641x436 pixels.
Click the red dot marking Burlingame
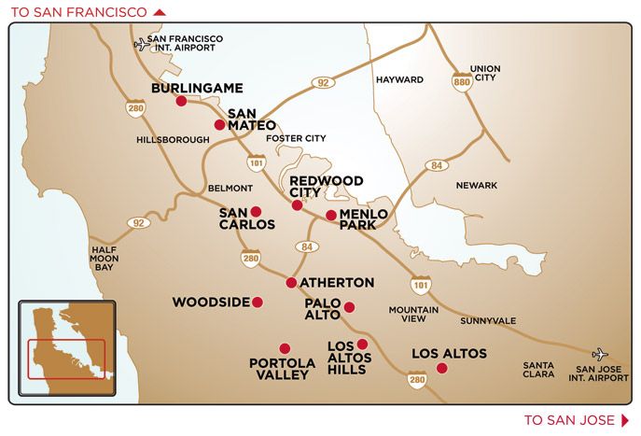(181, 101)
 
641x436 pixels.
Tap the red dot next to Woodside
(258, 302)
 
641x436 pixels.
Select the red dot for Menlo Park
(330, 215)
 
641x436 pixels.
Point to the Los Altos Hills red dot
(362, 344)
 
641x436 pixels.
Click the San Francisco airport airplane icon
(142, 43)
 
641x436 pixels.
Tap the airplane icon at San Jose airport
(599, 354)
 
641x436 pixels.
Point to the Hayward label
(399, 80)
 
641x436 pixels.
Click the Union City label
(485, 73)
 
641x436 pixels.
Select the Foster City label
(296, 138)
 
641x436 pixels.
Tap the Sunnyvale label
(487, 320)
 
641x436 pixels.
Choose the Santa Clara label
(538, 370)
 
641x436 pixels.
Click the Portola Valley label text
(279, 369)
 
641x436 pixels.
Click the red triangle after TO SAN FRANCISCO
(159, 12)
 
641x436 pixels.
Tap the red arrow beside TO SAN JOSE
(625, 420)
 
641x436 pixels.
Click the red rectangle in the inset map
(65, 359)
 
